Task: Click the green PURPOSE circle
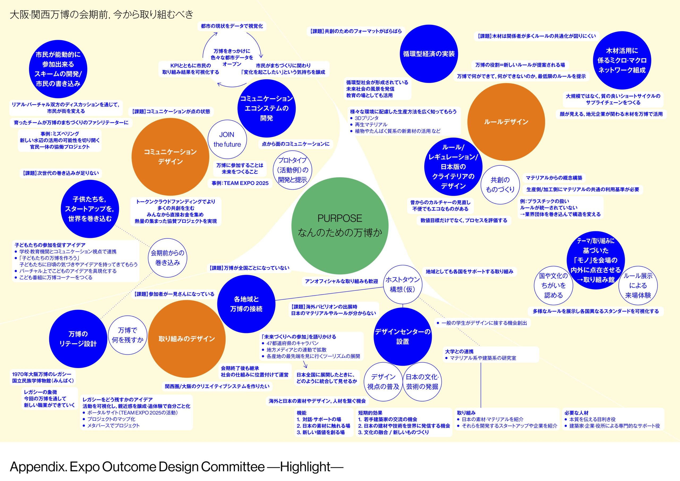tap(340, 226)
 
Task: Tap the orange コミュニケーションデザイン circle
tap(170, 157)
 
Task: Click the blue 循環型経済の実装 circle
tap(428, 54)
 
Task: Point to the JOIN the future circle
tap(227, 139)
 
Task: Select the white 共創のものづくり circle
tap(500, 184)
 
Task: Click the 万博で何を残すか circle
tap(127, 335)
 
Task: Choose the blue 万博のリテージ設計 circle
tap(78, 339)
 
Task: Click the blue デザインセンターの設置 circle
tap(402, 336)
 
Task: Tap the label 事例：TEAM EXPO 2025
tap(240, 183)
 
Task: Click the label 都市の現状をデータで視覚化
tap(232, 26)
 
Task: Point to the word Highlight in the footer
tap(305, 467)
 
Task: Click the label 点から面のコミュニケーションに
tap(295, 144)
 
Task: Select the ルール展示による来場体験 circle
tap(638, 285)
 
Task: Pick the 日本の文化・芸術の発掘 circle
tap(422, 381)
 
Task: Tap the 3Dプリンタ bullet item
tap(366, 118)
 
